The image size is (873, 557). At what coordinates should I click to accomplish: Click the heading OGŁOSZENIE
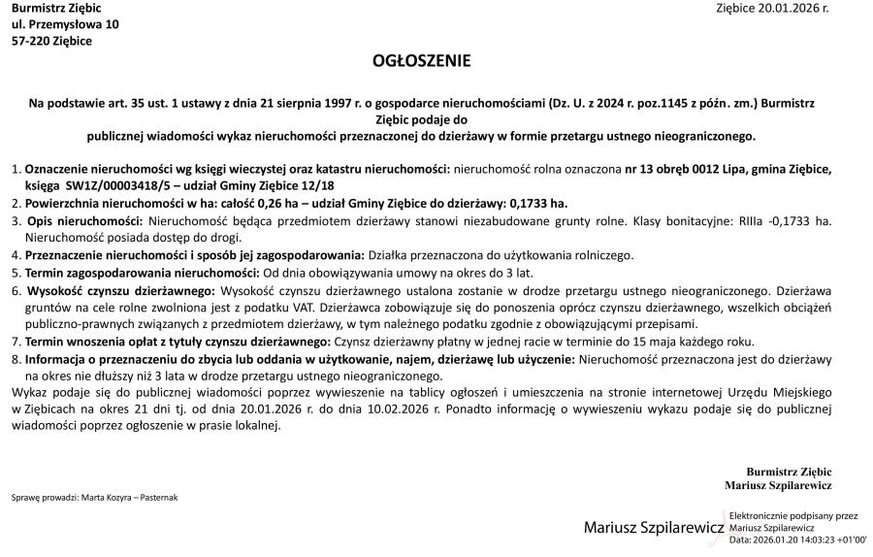pos(421,61)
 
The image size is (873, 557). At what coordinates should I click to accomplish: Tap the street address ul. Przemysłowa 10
pos(65,24)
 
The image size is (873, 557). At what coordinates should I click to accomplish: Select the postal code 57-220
pos(28,41)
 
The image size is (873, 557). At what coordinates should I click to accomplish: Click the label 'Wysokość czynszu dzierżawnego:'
pos(122,290)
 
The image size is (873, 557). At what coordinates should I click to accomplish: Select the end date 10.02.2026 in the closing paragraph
pos(404,410)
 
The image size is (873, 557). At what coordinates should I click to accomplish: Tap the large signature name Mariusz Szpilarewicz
pos(654,528)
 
